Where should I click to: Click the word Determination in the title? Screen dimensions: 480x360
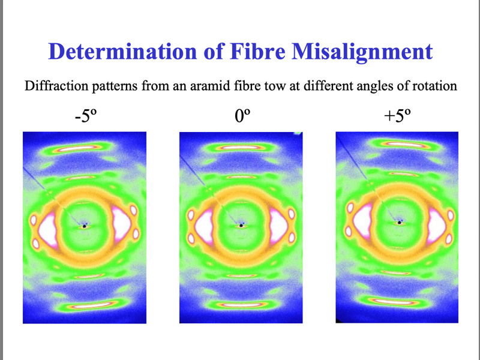(x=123, y=51)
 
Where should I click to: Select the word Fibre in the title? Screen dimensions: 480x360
(x=258, y=51)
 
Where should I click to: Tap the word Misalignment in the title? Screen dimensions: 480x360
(x=362, y=52)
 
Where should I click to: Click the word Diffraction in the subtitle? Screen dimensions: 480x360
(x=56, y=86)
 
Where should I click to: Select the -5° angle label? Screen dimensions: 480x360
(x=86, y=116)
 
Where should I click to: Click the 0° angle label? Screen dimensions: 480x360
(x=242, y=116)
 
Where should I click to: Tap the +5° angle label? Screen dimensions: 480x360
(x=397, y=116)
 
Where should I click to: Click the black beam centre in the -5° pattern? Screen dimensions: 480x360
(x=85, y=226)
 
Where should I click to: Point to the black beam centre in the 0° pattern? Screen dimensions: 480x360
(x=241, y=226)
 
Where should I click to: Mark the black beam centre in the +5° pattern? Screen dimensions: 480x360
(x=400, y=223)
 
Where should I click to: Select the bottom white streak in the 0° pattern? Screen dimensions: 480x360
(x=241, y=305)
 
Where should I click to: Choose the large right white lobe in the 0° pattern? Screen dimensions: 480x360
(x=279, y=226)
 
